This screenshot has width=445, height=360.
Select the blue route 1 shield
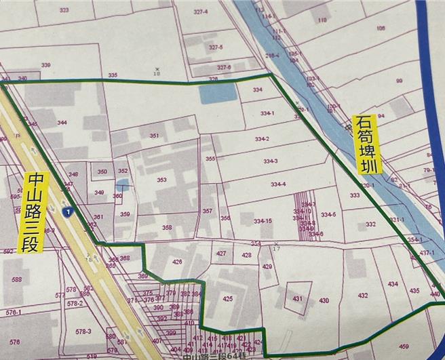click(66, 212)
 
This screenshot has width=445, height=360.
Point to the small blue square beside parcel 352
click(122, 184)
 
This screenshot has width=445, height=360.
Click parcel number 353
click(161, 180)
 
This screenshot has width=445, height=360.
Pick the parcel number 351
click(154, 136)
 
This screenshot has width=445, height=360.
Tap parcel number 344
click(62, 123)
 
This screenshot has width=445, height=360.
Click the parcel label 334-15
click(263, 221)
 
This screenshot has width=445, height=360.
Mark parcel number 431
click(297, 298)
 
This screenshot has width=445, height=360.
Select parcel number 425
click(227, 298)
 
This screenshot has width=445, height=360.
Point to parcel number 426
click(177, 262)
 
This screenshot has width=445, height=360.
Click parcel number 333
click(355, 195)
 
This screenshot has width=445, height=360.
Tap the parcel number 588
click(17, 279)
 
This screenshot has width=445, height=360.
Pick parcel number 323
click(64, 10)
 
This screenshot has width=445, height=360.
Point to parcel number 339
click(46, 64)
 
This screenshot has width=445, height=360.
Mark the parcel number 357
click(207, 211)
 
